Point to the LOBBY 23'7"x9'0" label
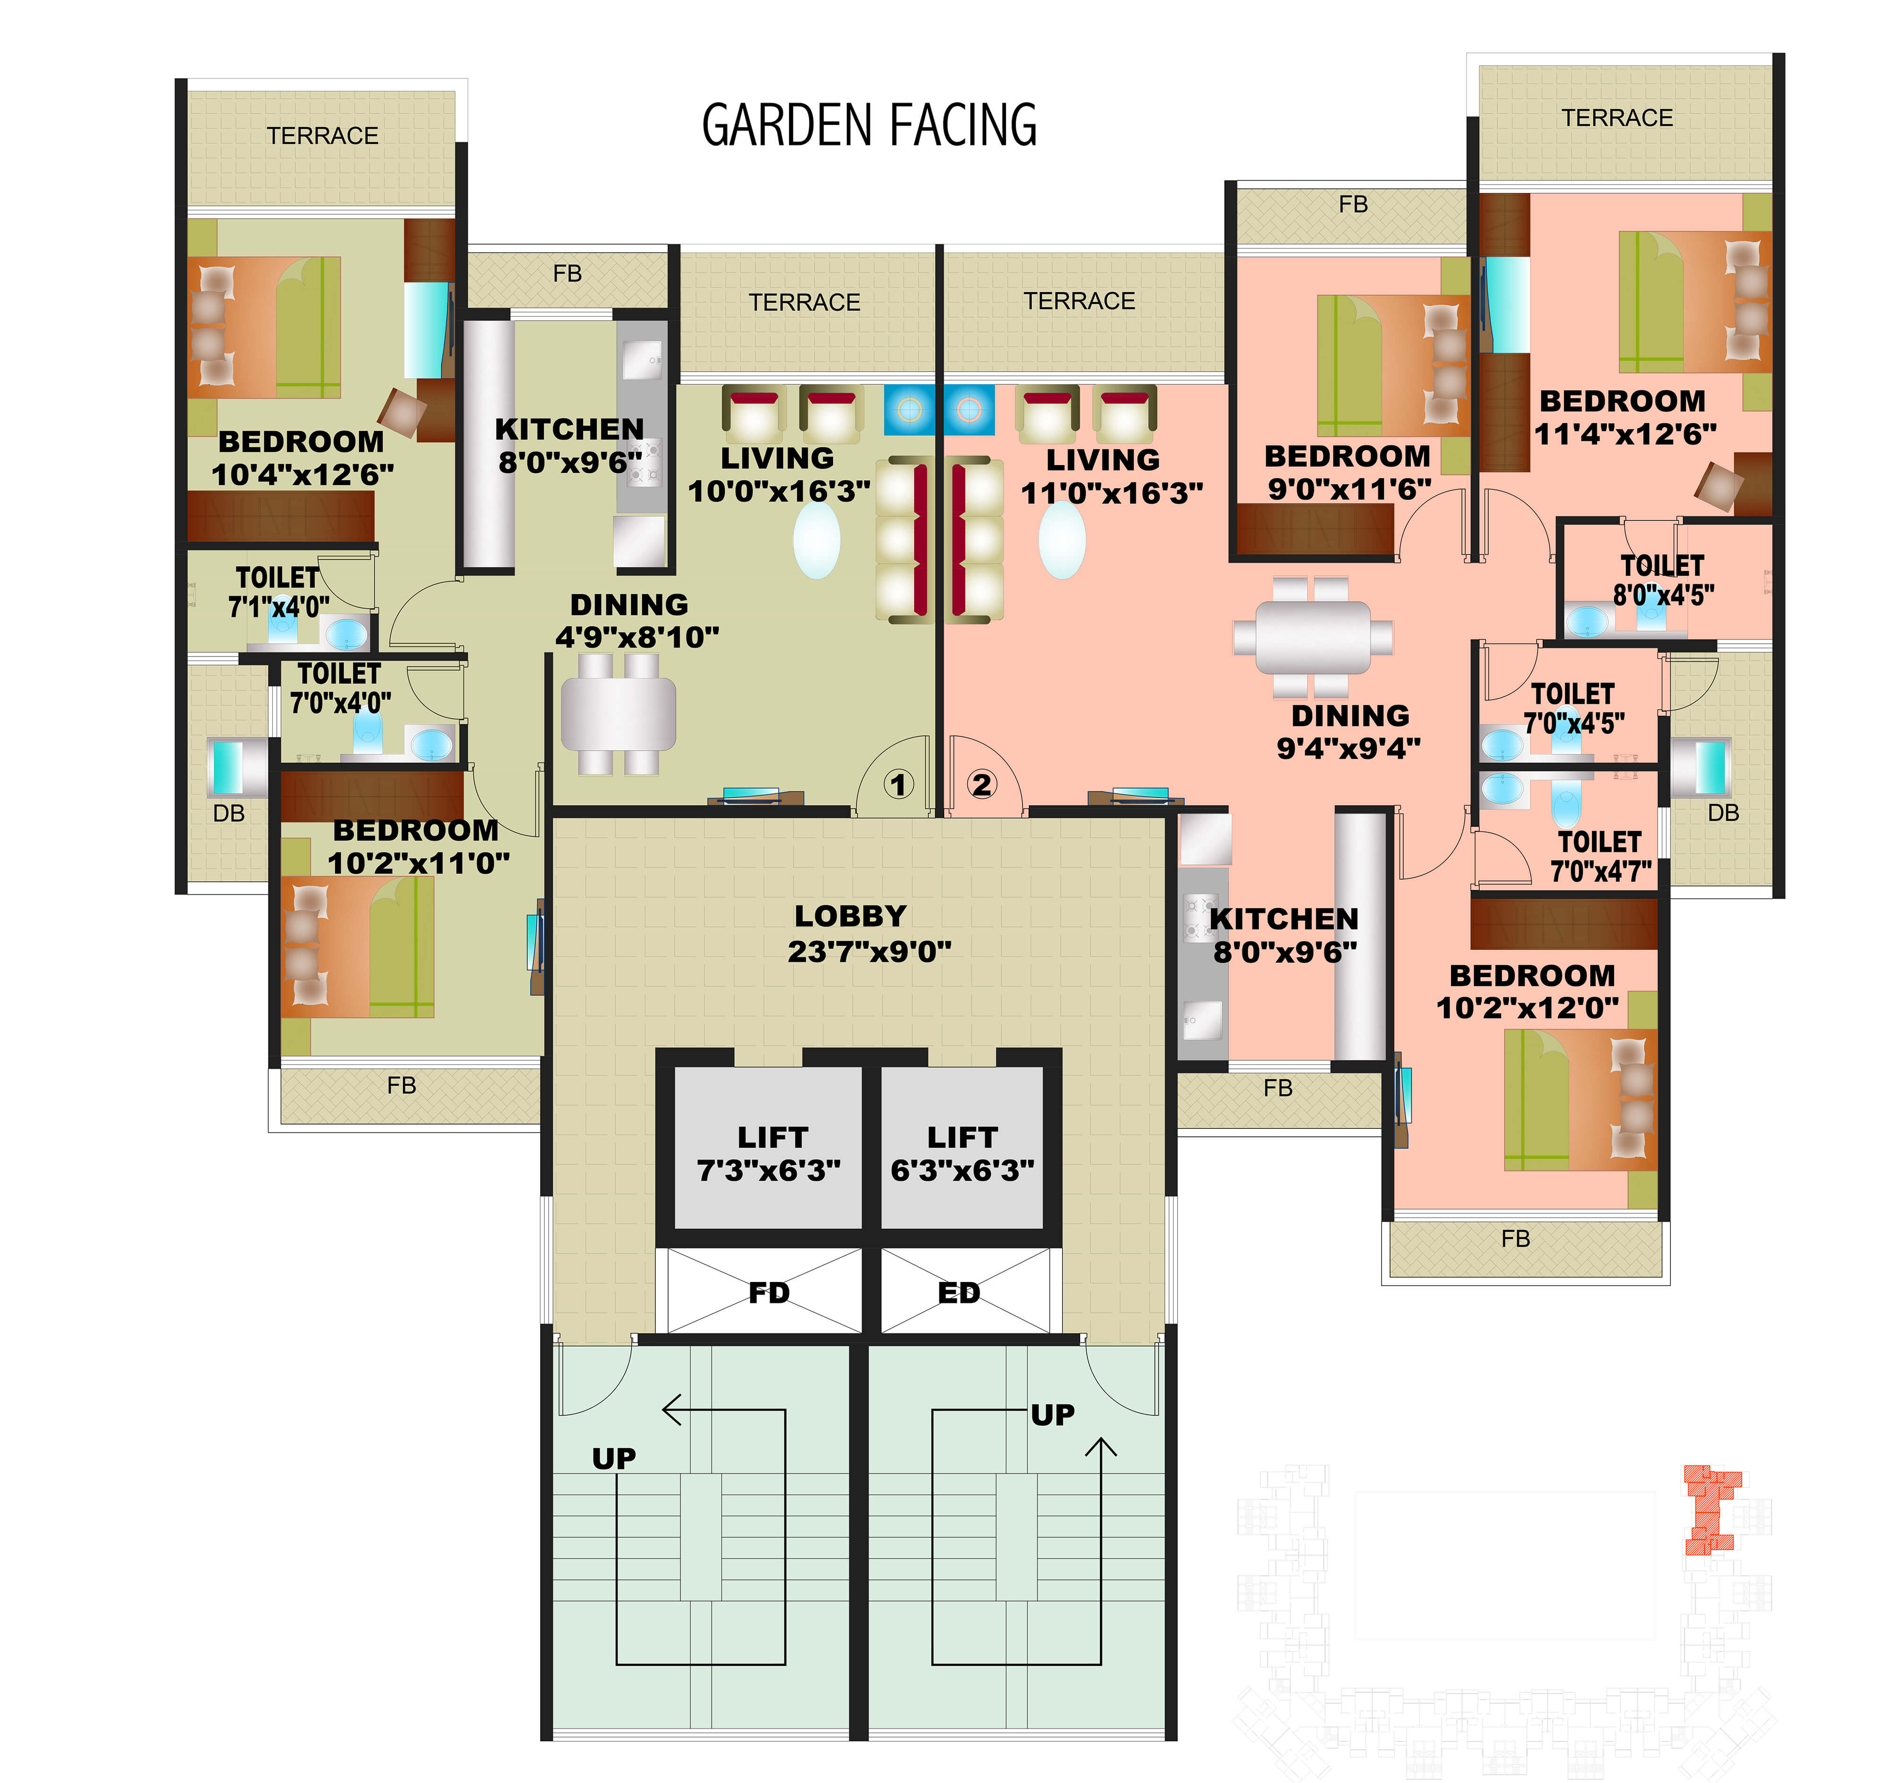click(x=869, y=933)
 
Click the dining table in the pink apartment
click(x=1313, y=637)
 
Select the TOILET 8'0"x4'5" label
click(x=1664, y=580)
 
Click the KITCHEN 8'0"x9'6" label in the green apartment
click(x=569, y=445)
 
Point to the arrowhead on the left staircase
click(x=671, y=1409)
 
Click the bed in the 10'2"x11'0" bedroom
click(x=358, y=946)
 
